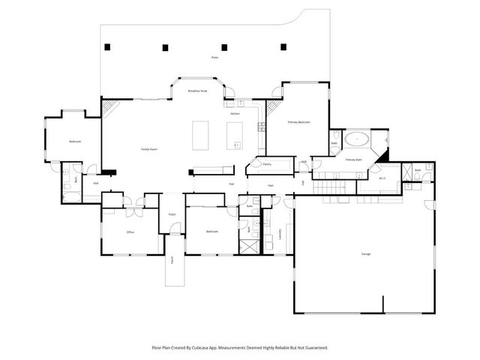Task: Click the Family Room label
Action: (x=148, y=149)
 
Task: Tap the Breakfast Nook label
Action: (x=198, y=91)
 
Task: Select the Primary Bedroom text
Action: (x=298, y=122)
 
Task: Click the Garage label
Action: (x=366, y=254)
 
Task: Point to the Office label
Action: (x=130, y=232)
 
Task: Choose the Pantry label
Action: (x=266, y=163)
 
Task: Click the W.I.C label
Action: (x=382, y=178)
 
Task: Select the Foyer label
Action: (x=172, y=214)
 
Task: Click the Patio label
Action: (x=214, y=57)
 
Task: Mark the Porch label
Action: (x=172, y=260)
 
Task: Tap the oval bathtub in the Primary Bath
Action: (x=355, y=139)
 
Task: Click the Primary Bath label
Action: (x=354, y=160)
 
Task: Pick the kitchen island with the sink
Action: (x=235, y=136)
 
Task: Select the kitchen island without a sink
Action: (x=201, y=136)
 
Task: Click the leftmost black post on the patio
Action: (x=108, y=47)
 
